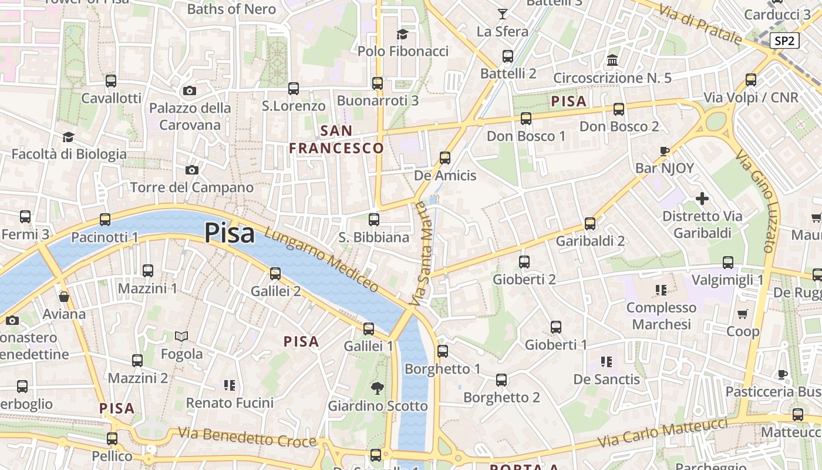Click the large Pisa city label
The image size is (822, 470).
click(x=230, y=233)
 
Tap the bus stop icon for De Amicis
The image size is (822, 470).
click(x=445, y=157)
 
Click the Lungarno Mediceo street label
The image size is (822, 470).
click(x=321, y=259)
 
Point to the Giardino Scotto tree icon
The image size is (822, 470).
click(x=377, y=388)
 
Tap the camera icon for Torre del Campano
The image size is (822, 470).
click(x=191, y=170)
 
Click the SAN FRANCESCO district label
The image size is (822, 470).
click(x=336, y=140)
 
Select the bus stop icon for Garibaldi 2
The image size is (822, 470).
click(x=590, y=224)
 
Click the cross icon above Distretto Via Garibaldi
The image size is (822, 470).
click(x=702, y=199)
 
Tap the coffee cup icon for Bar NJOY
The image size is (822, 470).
click(x=665, y=151)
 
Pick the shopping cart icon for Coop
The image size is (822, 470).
click(x=743, y=314)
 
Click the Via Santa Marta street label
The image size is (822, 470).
click(x=422, y=254)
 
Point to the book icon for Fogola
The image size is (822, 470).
click(x=181, y=337)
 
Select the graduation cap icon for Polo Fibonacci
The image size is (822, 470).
click(x=402, y=34)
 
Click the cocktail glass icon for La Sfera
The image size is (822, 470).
click(x=502, y=14)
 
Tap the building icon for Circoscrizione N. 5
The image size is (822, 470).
click(x=612, y=60)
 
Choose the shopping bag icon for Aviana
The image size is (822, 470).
click(x=64, y=297)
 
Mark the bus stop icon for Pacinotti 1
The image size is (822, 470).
click(x=105, y=220)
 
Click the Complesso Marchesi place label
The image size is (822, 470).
click(x=661, y=316)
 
